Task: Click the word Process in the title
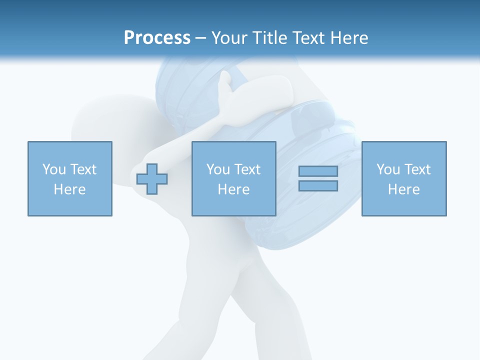tap(157, 38)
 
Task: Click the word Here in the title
tap(349, 38)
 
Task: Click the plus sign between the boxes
tap(152, 179)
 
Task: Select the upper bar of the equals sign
tap(318, 171)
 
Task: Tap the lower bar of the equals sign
tap(318, 185)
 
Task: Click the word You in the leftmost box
tap(54, 169)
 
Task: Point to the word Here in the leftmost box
tap(69, 189)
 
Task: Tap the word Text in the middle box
tap(247, 169)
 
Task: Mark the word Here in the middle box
tap(233, 189)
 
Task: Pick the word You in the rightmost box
tap(388, 169)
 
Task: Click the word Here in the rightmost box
tap(403, 189)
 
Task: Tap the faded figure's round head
tap(107, 120)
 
